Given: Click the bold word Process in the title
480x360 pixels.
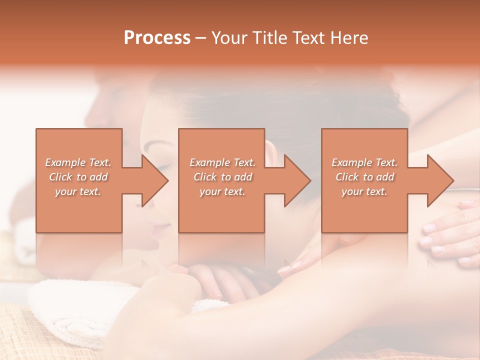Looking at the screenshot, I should pyautogui.click(x=157, y=38).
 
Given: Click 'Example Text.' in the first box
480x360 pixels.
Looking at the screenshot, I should pyautogui.click(x=78, y=162).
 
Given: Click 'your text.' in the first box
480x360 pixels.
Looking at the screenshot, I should pyautogui.click(x=78, y=191).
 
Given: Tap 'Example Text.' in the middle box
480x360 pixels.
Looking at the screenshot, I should pyautogui.click(x=222, y=162).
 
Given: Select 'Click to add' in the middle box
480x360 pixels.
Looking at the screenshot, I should pyautogui.click(x=222, y=177).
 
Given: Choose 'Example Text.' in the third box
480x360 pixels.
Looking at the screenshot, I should pyautogui.click(x=364, y=162).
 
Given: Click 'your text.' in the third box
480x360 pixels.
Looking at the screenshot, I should pyautogui.click(x=364, y=191).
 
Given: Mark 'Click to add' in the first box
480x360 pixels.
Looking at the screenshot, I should pyautogui.click(x=78, y=177).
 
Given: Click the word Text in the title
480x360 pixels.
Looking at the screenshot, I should pyautogui.click(x=308, y=38).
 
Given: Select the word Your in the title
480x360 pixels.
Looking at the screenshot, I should pyautogui.click(x=229, y=38).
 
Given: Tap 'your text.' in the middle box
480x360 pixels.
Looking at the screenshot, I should pyautogui.click(x=222, y=191).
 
